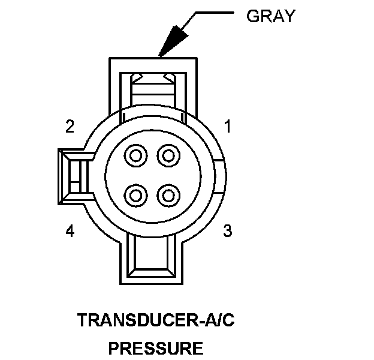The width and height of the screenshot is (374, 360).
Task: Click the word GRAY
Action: coord(271,16)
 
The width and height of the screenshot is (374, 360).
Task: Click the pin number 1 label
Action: coord(228,127)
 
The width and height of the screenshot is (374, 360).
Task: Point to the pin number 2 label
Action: coord(70,127)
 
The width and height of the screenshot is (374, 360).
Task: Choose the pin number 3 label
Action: coord(228,230)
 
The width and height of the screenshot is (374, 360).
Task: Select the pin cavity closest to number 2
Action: coord(136,157)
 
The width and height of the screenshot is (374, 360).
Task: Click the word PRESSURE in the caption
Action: coord(155,347)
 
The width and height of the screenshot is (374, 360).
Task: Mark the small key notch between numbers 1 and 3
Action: coord(221,175)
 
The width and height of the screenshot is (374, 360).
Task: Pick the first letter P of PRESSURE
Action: coord(113,347)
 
